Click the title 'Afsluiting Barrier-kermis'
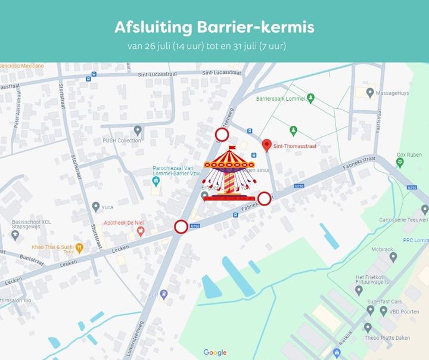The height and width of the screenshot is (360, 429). (214, 27)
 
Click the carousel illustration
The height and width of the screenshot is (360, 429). (229, 175)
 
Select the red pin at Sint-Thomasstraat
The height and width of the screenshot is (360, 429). (267, 145)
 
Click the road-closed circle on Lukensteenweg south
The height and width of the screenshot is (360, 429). (181, 226)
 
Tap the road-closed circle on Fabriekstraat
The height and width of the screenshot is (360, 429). (264, 198)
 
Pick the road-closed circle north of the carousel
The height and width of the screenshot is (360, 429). (222, 135)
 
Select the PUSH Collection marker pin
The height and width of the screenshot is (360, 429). (138, 129)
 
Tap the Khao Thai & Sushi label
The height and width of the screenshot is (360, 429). (53, 247)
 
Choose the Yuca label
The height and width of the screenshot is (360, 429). (107, 207)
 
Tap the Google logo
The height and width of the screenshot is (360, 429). (214, 352)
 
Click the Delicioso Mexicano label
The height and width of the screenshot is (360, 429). (21, 66)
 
